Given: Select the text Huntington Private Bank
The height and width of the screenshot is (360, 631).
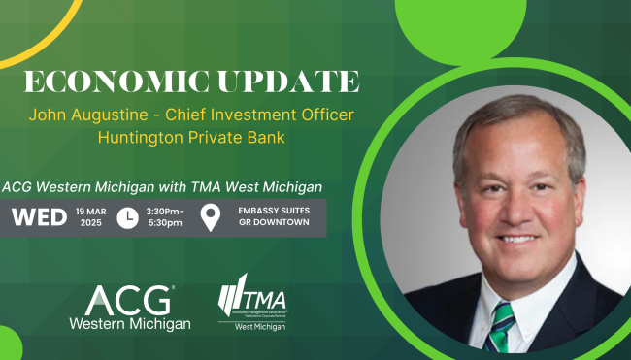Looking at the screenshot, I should (192, 137).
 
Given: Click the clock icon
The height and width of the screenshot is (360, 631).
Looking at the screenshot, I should (127, 218).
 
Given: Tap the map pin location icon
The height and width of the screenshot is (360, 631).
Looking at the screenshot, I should (210, 218).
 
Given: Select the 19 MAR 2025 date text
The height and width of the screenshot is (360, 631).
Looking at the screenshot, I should (89, 218).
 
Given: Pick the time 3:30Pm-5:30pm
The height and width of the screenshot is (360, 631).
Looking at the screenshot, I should (165, 218).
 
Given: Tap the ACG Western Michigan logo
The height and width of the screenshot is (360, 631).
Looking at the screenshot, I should (129, 307).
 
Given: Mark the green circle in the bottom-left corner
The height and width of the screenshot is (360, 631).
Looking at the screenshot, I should (8, 344).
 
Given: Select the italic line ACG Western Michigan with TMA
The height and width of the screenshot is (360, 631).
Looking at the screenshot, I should (162, 185).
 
